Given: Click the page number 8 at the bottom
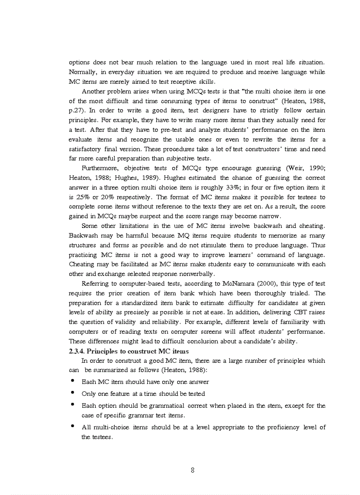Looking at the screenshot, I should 192,470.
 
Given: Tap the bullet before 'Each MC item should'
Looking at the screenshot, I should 72,381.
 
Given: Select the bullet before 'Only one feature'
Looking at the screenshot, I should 72,393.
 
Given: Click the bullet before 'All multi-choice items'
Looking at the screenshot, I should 72,426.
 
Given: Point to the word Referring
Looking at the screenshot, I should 96,284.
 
